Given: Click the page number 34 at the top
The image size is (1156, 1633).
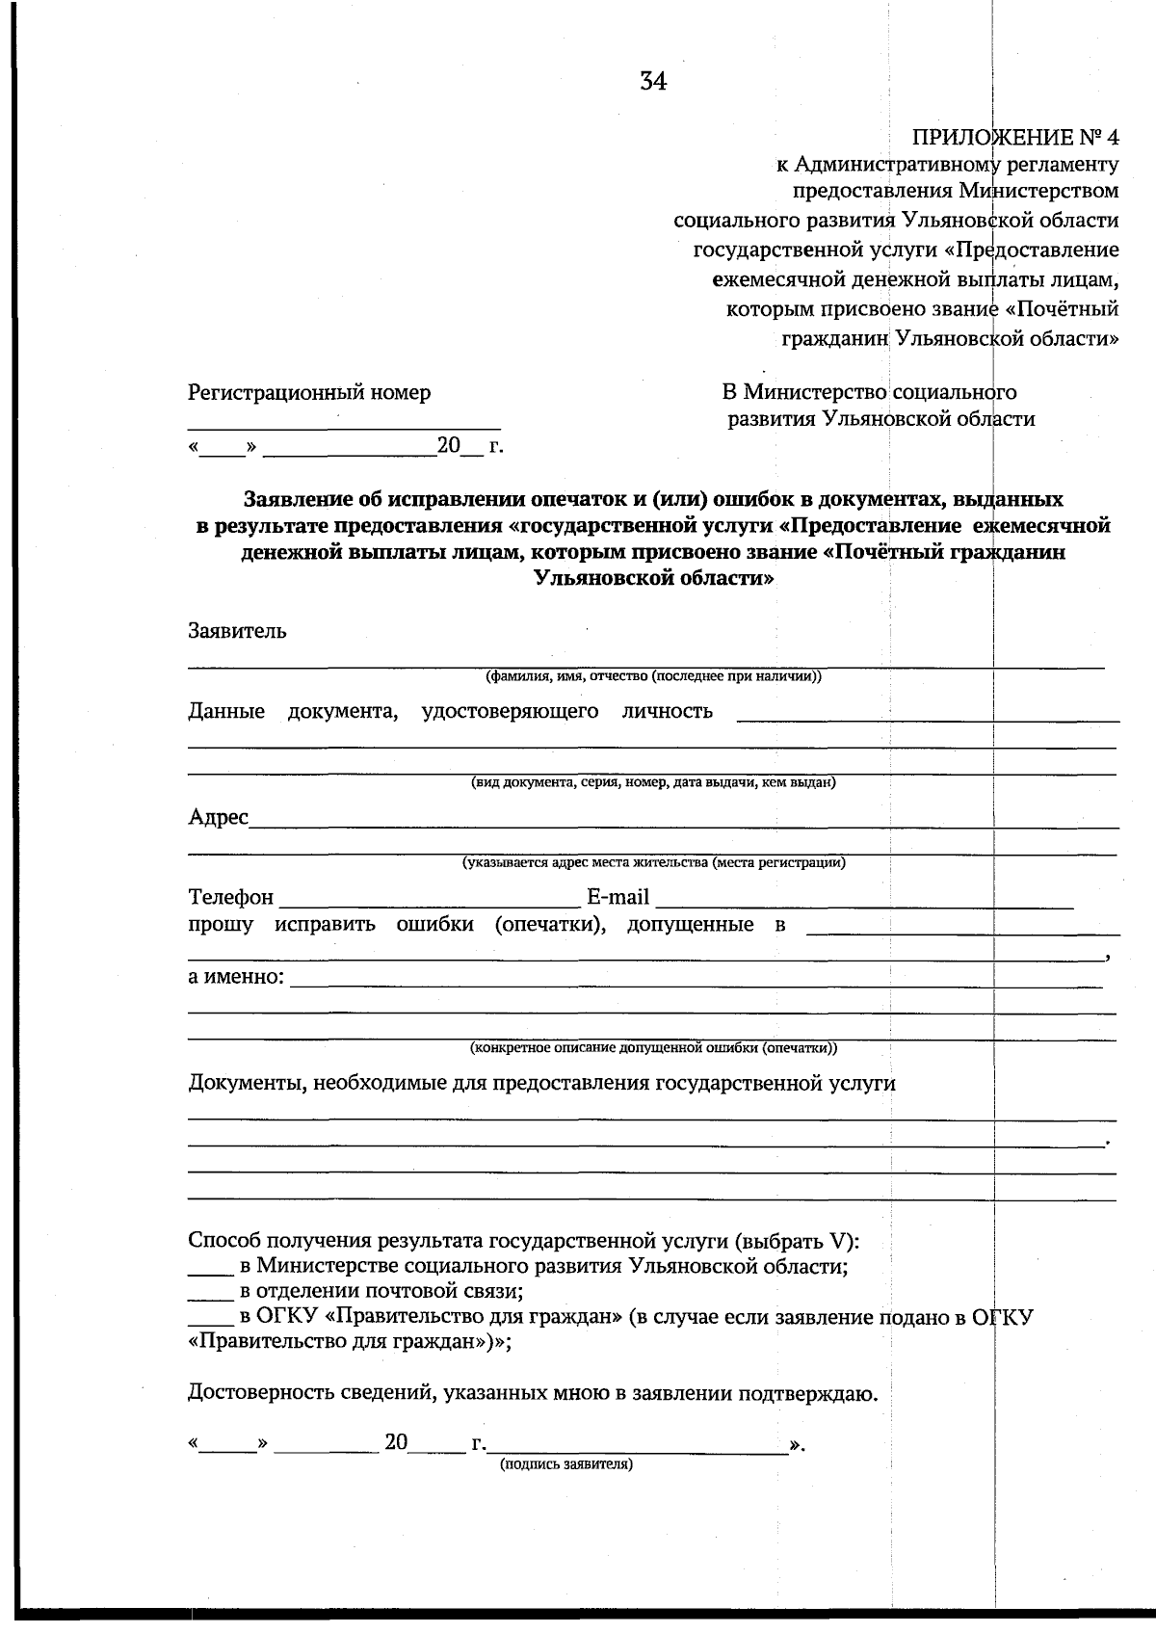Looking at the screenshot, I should tap(652, 82).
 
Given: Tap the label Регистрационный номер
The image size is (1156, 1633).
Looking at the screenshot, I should tap(308, 392).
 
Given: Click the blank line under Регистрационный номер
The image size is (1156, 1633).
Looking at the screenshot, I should tap(343, 426).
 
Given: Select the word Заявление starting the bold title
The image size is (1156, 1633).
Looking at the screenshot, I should tap(293, 499).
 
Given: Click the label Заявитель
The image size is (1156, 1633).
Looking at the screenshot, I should tap(237, 631).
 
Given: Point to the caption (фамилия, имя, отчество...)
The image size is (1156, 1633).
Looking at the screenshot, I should tap(653, 676).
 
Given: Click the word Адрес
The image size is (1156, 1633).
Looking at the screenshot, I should tap(218, 817).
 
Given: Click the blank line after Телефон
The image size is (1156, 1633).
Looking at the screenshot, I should tap(429, 906).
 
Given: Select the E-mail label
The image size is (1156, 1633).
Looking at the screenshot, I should tap(617, 897).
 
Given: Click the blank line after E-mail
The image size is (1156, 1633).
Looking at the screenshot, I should tap(863, 906).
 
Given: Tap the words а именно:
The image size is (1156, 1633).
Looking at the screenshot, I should tap(236, 977).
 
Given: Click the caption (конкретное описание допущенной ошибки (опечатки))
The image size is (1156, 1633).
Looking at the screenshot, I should tap(653, 1047).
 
